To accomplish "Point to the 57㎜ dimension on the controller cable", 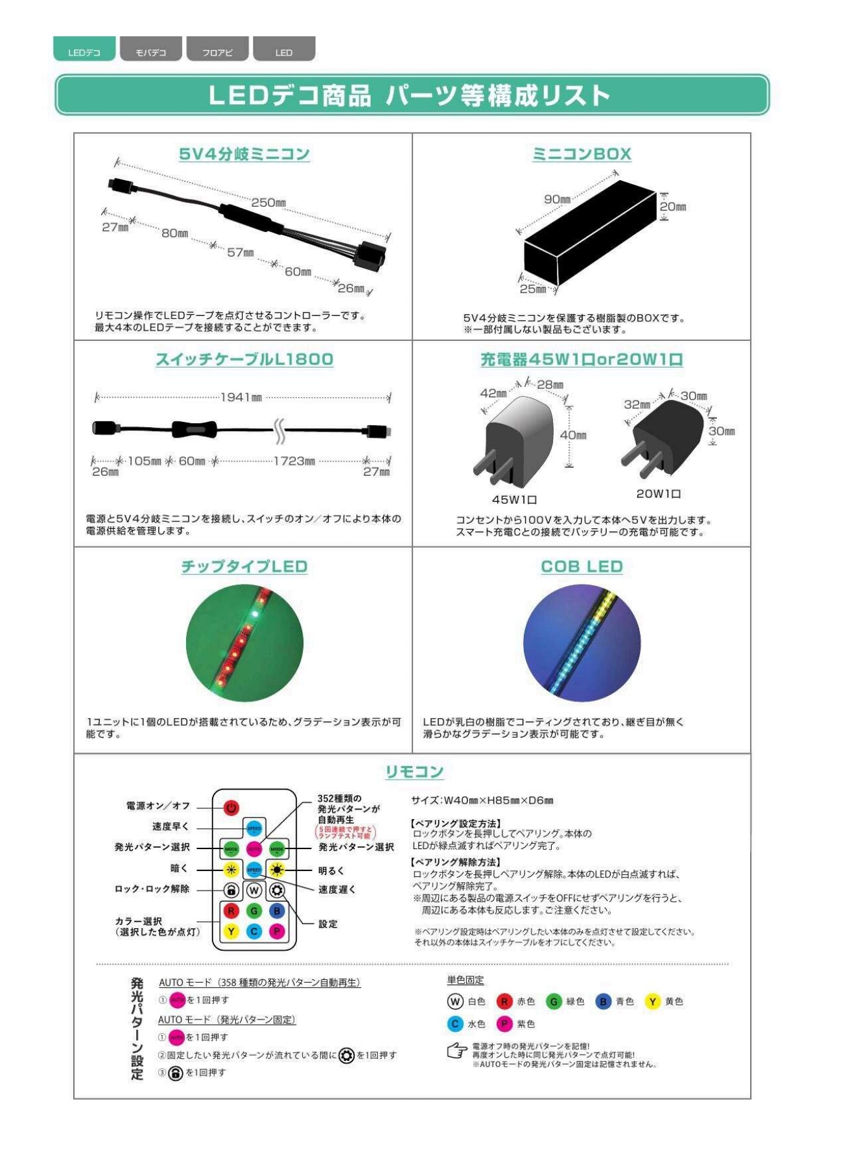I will click(x=240, y=252).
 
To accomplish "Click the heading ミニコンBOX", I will click(x=582, y=154).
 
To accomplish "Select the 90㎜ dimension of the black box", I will click(x=557, y=199).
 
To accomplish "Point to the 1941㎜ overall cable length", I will click(x=241, y=397).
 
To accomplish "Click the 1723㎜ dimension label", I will click(x=294, y=461).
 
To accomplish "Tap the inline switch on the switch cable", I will click(x=193, y=428).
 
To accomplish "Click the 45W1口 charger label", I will click(x=514, y=500).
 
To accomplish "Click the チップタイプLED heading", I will click(x=244, y=566).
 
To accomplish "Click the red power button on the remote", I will click(x=231, y=808).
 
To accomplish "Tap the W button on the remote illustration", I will click(x=254, y=890).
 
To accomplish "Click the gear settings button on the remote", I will click(x=277, y=890).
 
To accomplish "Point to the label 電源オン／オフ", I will click(x=158, y=806).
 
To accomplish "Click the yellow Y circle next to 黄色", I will click(x=652, y=1001).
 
